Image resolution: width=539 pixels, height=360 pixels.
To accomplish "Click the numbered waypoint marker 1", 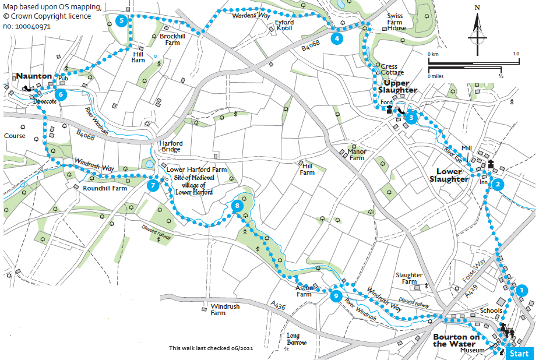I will pyautogui.click(x=522, y=290).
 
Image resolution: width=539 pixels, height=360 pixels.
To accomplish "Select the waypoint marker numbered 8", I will pyautogui.click(x=236, y=206).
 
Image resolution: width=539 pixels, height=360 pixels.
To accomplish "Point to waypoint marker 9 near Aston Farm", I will pyautogui.click(x=335, y=296).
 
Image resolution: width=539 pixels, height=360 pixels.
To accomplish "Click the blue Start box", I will pyautogui.click(x=519, y=353).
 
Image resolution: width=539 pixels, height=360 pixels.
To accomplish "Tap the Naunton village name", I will pyautogui.click(x=34, y=76).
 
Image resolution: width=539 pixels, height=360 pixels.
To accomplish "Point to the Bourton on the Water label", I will pyautogui.click(x=459, y=341).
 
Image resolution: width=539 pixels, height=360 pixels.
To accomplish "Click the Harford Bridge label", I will pyautogui.click(x=171, y=147).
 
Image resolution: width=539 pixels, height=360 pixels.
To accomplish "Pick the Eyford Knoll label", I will pyautogui.click(x=284, y=25).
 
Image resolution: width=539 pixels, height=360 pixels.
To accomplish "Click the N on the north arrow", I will pyautogui.click(x=477, y=8).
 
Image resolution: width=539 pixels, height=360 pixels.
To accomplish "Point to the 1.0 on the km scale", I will pyautogui.click(x=515, y=54).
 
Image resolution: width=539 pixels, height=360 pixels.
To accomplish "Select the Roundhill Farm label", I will pyautogui.click(x=105, y=188).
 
